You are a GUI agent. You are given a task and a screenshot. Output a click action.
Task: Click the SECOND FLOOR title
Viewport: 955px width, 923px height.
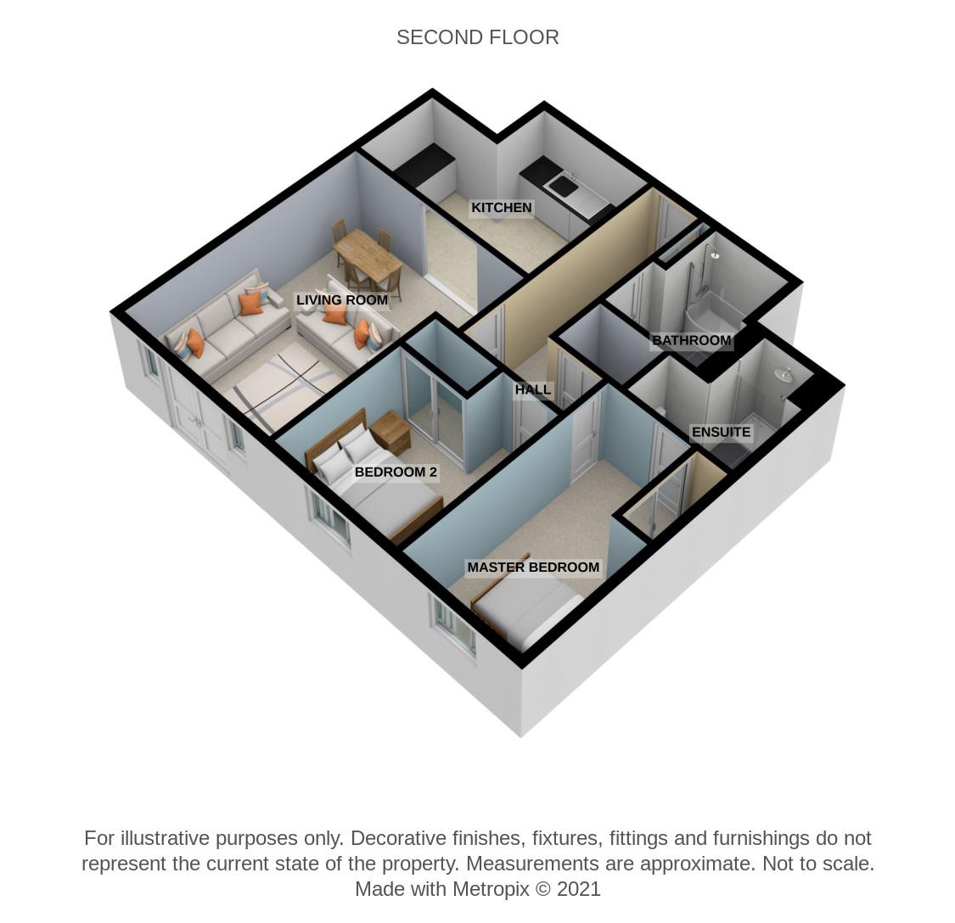pyautogui.click(x=477, y=37)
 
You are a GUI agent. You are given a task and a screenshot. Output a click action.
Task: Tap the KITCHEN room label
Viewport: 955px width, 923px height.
pyautogui.click(x=501, y=208)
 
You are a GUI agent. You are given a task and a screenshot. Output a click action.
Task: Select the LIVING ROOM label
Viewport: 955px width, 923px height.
pyautogui.click(x=342, y=299)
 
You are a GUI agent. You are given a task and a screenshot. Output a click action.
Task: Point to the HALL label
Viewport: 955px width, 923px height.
pyautogui.click(x=533, y=389)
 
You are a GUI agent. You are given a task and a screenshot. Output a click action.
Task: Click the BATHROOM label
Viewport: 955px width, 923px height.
pyautogui.click(x=691, y=340)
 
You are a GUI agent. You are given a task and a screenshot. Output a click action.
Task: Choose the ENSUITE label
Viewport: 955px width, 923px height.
pyautogui.click(x=721, y=433)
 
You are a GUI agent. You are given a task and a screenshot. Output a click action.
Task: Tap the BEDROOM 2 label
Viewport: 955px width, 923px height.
pyautogui.click(x=396, y=472)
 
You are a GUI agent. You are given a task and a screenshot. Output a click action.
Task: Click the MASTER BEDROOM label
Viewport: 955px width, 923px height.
pyautogui.click(x=533, y=568)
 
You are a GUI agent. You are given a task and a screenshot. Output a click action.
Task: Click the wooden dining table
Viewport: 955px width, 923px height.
pyautogui.click(x=368, y=255)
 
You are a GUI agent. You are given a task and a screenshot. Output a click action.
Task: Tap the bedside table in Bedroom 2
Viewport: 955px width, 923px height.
pyautogui.click(x=390, y=432)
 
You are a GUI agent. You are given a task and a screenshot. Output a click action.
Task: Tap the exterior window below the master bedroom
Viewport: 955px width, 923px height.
pyautogui.click(x=454, y=626)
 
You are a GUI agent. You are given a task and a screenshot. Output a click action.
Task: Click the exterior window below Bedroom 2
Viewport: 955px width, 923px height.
pyautogui.click(x=331, y=518)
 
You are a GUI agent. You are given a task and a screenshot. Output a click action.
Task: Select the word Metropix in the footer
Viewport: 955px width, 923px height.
pyautogui.click(x=491, y=889)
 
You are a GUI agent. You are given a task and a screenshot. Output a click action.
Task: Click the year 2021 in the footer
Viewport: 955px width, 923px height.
pyautogui.click(x=579, y=889)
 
